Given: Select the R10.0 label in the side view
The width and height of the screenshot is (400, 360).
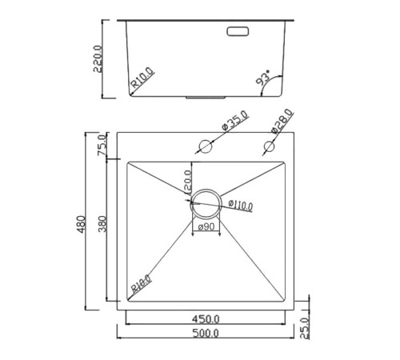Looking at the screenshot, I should pos(142,78).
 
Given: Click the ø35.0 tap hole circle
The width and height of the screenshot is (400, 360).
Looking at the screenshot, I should pos(206,146).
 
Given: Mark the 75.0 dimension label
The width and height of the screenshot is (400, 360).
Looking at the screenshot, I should pos(102,147).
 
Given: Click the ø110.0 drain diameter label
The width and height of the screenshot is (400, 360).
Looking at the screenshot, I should pos(240,206).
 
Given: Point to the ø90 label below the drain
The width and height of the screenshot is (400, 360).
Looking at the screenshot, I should pos(206,228).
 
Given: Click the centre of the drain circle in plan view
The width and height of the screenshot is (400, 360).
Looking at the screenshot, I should pos(206,204).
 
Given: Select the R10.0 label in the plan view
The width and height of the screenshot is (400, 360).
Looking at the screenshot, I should pos(141,284).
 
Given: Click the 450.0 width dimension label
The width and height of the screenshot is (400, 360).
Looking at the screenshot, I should pos(206,318).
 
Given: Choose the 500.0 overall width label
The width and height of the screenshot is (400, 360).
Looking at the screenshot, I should pos(206,333).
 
